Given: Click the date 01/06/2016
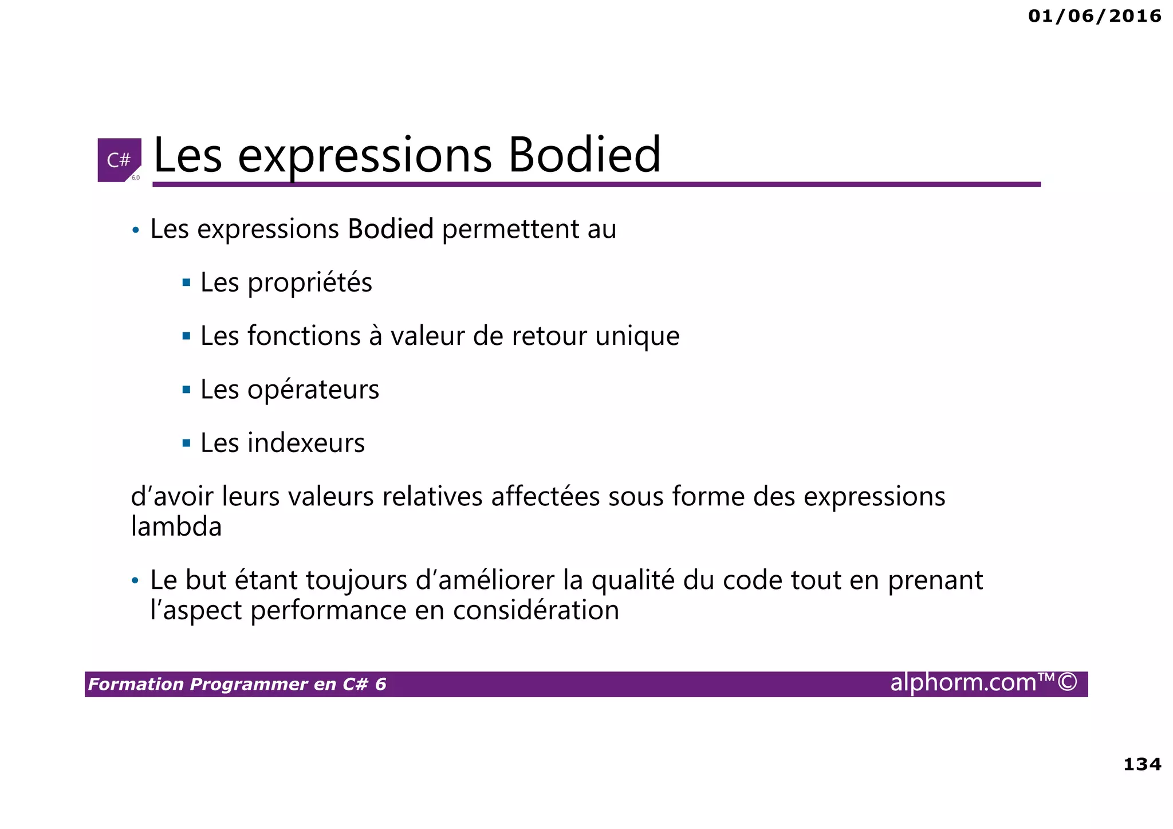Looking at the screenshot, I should pos(1094,16).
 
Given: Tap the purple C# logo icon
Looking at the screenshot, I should pos(119,160).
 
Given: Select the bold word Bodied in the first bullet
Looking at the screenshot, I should pos(391,229).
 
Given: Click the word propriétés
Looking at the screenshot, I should pos(310,282).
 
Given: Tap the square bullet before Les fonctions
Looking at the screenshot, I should pos(186,336).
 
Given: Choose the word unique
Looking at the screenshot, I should pos(637,336).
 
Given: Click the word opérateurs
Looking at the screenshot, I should pos(313,390).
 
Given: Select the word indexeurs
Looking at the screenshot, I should pos(306,443).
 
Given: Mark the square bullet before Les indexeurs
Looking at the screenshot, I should pos(186,443).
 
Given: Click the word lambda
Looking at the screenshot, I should pos(176,527).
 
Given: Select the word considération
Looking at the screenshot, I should pos(536,610).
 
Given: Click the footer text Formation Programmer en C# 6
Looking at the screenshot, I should pos(237,684).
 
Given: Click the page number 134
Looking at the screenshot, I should pos(1142,764).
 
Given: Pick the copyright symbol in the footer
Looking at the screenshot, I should pos(1067,682).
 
